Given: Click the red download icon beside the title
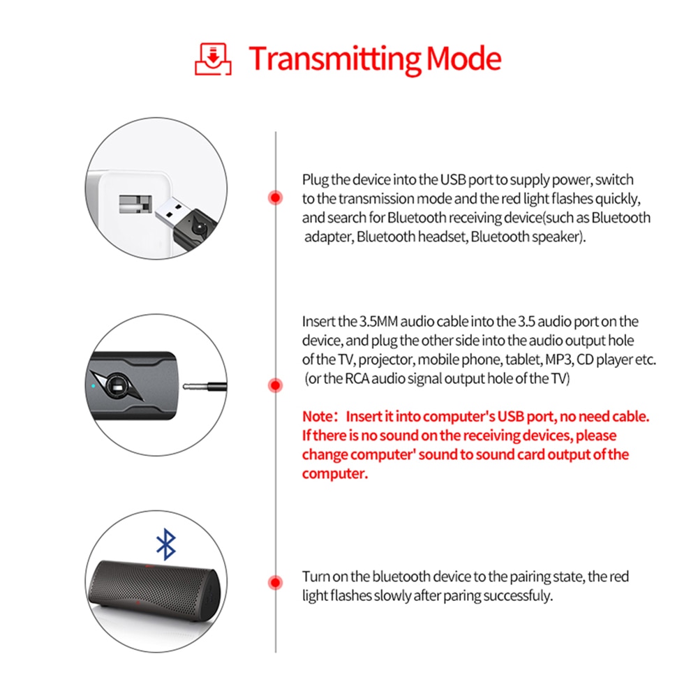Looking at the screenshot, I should tap(212, 59).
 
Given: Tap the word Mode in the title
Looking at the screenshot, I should tap(464, 59).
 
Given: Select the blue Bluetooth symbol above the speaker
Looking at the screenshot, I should tap(165, 544).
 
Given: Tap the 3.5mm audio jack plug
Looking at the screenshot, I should tap(202, 385).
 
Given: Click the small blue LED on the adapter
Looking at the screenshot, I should tap(94, 385).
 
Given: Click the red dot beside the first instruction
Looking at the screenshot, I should tap(276, 198).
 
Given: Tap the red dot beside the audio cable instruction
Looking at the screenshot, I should tap(276, 385).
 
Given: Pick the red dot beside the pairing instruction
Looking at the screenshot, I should tap(276, 582).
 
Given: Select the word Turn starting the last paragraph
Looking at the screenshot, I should tap(315, 577).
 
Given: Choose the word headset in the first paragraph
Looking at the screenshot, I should tap(443, 237).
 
